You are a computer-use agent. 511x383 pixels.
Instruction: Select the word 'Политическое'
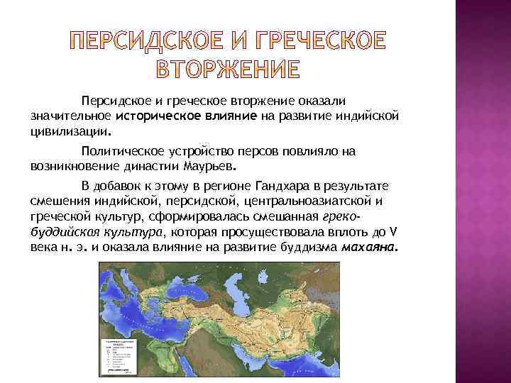coord(123,151)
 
